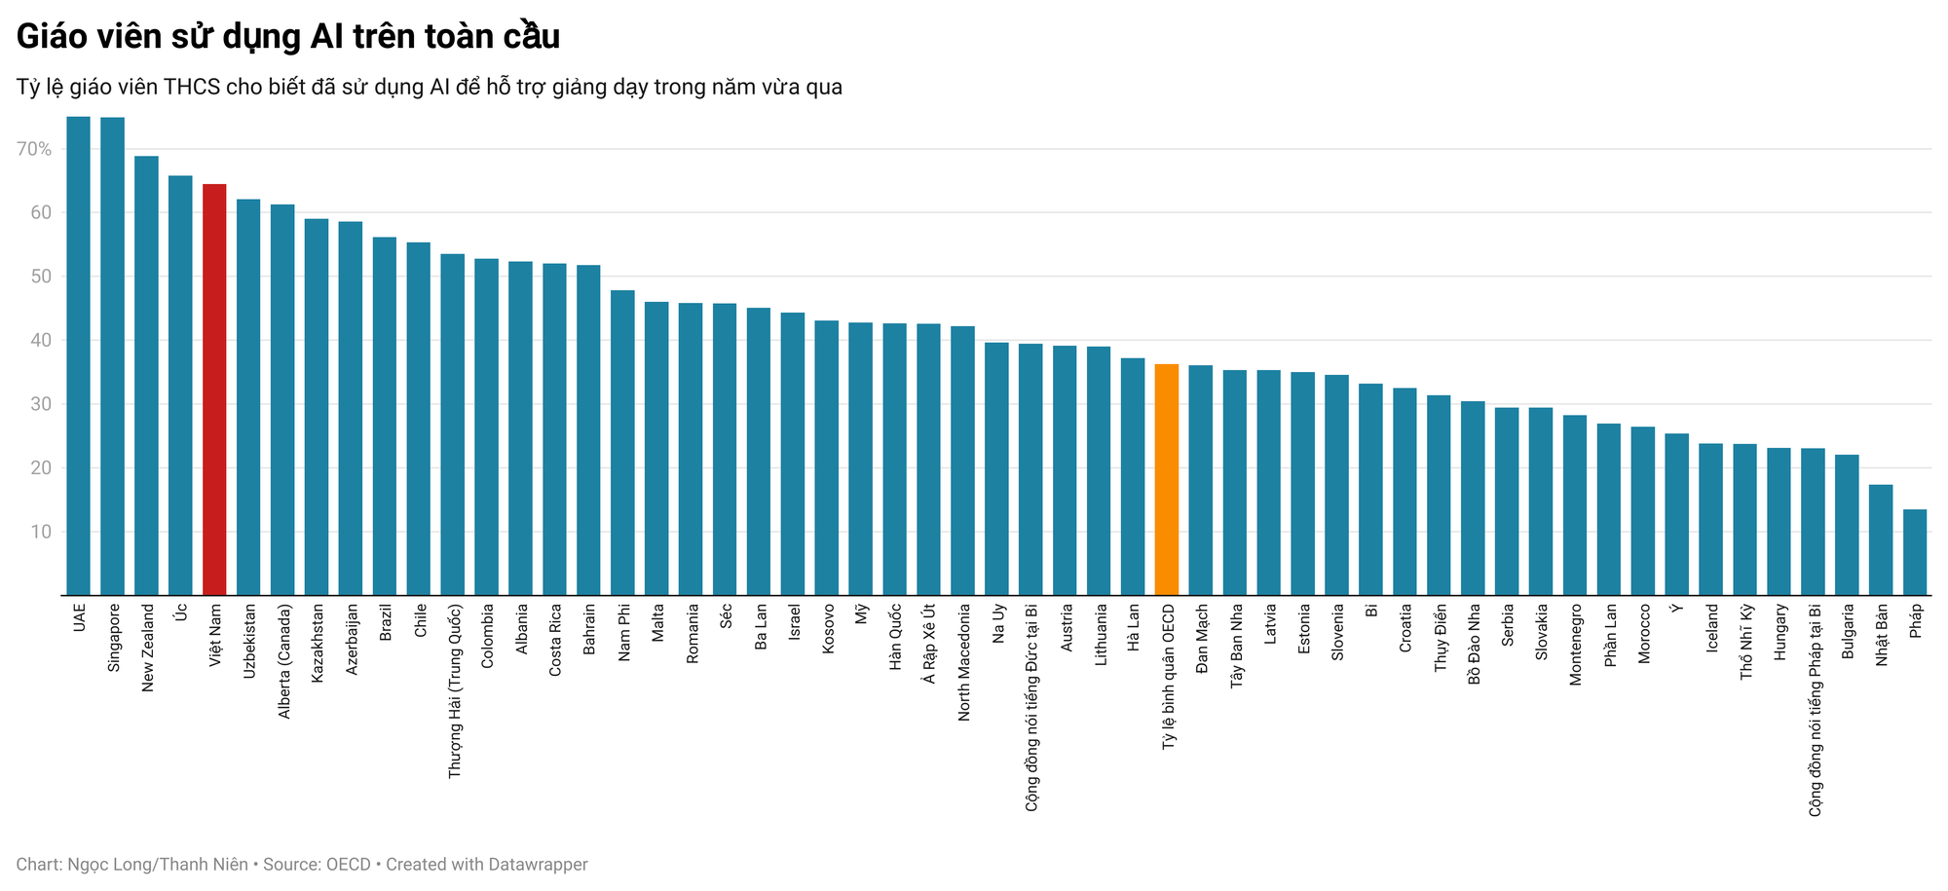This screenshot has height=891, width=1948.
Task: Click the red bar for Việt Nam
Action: coord(214,390)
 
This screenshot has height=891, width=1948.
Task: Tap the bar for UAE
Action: coord(78,355)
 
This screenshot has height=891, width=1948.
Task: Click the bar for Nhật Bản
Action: coord(1880,539)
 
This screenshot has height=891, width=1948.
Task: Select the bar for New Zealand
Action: coord(146,375)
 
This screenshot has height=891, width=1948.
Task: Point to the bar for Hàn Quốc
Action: coord(894,459)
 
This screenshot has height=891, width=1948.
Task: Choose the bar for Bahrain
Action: coord(588,429)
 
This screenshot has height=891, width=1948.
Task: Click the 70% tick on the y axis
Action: coord(33,149)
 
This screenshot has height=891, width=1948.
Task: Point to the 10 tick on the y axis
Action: coord(40,532)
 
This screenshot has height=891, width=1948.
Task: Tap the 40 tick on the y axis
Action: coord(40,341)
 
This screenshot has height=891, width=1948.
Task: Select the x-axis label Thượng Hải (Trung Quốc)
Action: coord(454,690)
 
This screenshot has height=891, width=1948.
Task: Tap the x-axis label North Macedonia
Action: coord(963,662)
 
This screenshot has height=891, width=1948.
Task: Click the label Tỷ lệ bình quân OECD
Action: coord(1168,676)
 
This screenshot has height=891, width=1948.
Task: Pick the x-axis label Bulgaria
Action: coord(1848,634)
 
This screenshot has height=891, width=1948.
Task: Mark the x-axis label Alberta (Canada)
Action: coord(283,662)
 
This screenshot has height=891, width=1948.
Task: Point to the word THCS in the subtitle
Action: coord(192,88)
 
